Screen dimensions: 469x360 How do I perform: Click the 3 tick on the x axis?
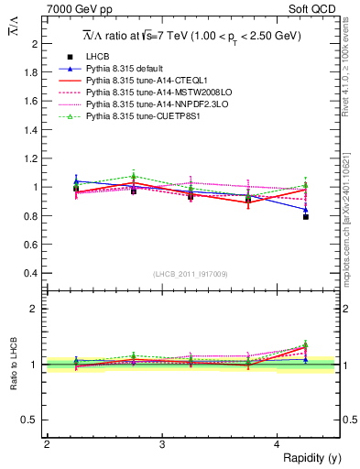(x=162, y=444)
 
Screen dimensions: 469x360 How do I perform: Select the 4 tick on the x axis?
(x=277, y=444)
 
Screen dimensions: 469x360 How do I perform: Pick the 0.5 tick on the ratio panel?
(x=32, y=420)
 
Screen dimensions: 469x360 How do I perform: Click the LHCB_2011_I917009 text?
(x=191, y=273)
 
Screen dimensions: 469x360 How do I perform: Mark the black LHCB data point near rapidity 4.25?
(x=305, y=217)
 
